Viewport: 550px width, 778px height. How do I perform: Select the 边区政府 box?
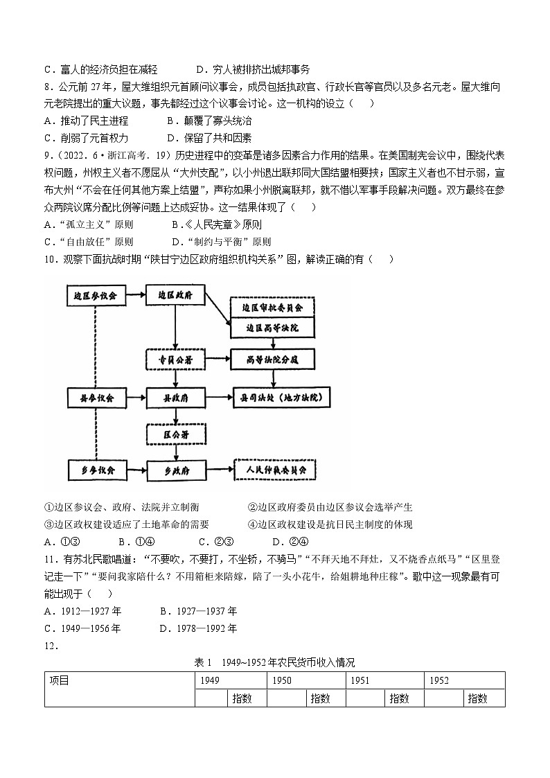click(x=176, y=295)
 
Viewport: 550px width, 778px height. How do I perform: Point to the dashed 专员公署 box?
click(x=176, y=360)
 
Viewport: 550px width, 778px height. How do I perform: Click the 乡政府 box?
click(x=176, y=470)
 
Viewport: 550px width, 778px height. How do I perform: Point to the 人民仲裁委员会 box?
click(x=275, y=470)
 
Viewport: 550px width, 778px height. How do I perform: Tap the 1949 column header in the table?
click(x=209, y=680)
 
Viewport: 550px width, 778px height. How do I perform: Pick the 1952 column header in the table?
click(x=439, y=680)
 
